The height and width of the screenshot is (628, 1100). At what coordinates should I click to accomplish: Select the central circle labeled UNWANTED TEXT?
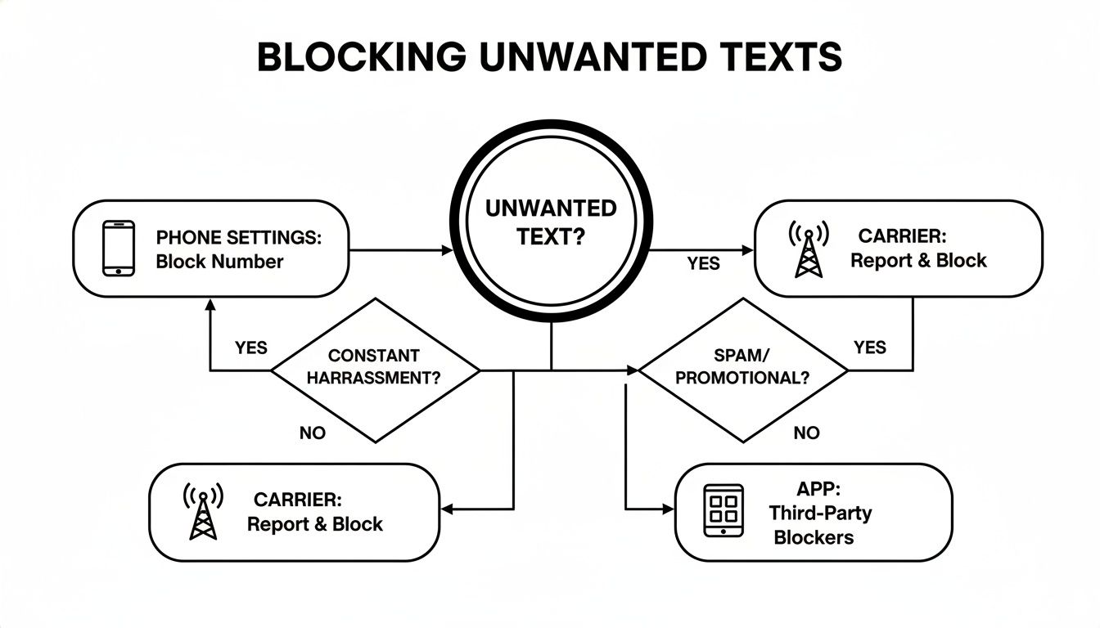pyautogui.click(x=550, y=223)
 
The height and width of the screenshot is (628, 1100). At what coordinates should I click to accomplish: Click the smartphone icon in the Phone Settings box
pyautogui.click(x=118, y=248)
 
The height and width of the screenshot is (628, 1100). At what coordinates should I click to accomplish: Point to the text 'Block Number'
pyautogui.click(x=219, y=262)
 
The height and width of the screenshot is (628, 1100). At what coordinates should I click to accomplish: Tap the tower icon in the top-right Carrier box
pyautogui.click(x=807, y=248)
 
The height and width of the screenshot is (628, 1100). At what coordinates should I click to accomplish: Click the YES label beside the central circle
pyautogui.click(x=703, y=263)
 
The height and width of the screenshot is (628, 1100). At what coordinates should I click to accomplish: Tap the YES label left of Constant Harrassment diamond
pyautogui.click(x=251, y=348)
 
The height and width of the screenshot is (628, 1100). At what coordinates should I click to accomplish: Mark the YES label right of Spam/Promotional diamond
pyautogui.click(x=869, y=348)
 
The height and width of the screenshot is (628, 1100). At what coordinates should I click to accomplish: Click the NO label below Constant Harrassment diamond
pyautogui.click(x=312, y=433)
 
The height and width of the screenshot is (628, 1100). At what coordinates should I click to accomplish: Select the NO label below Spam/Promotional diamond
pyautogui.click(x=806, y=433)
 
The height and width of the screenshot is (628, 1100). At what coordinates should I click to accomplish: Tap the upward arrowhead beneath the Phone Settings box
pyautogui.click(x=210, y=305)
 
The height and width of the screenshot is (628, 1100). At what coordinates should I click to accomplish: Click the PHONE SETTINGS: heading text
pyautogui.click(x=238, y=238)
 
